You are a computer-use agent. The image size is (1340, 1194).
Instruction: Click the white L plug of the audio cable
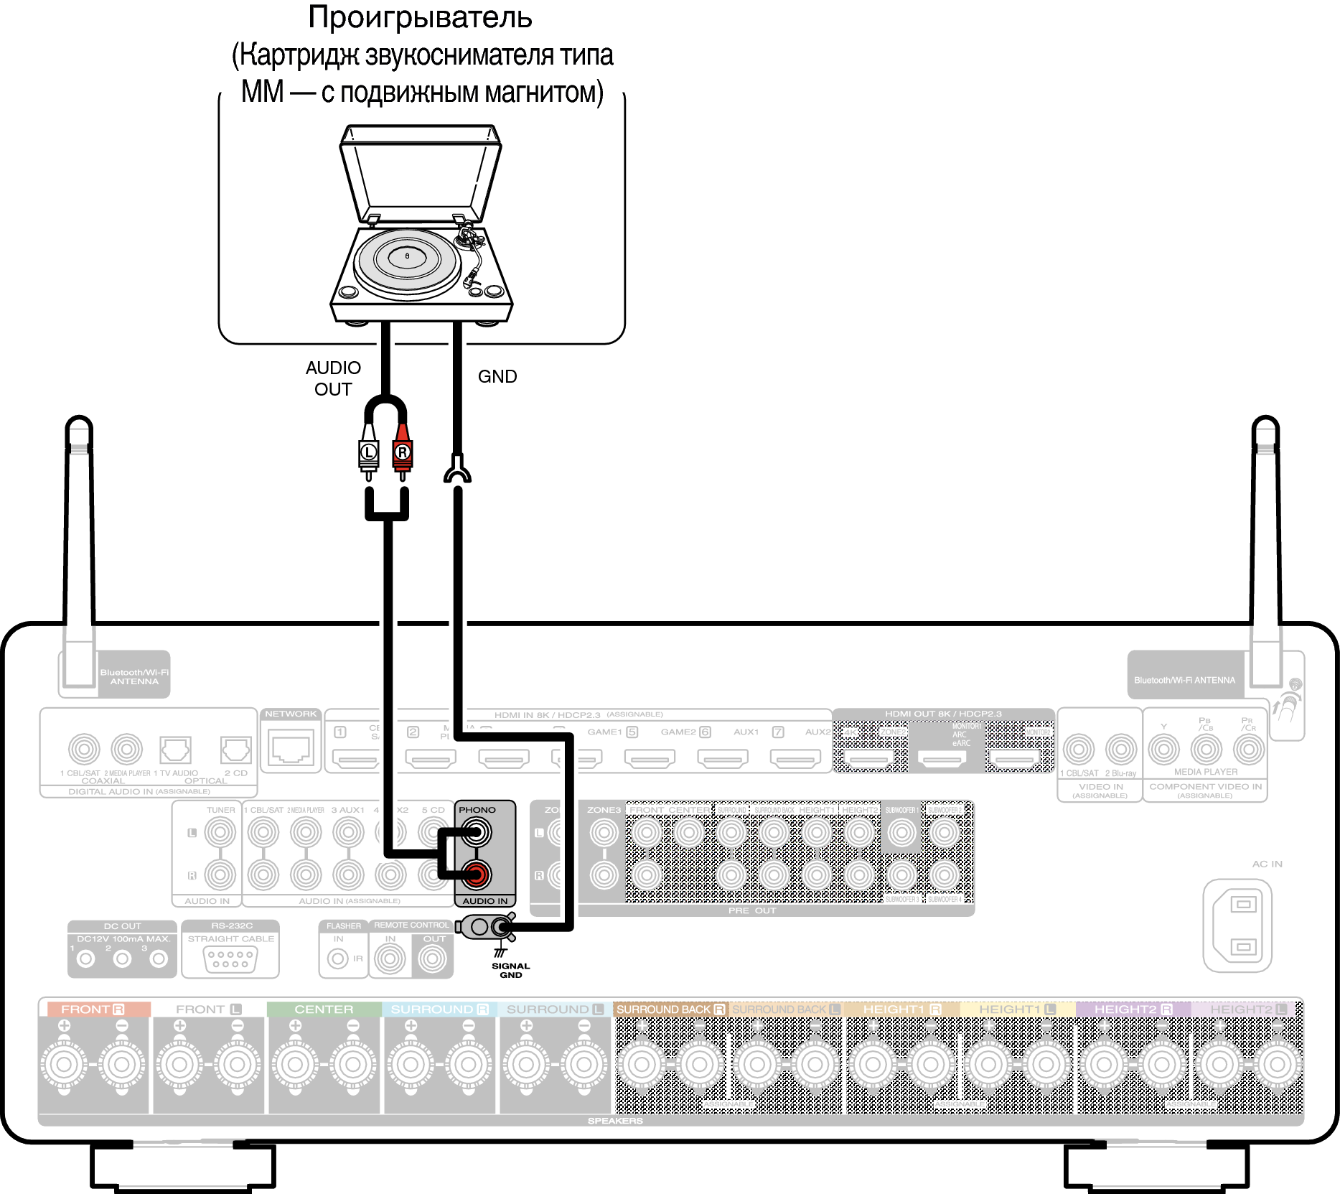pyautogui.click(x=368, y=452)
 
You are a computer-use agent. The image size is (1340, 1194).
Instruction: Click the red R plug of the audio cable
pyautogui.click(x=402, y=452)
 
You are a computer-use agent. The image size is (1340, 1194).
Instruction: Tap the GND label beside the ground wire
pyautogui.click(x=497, y=376)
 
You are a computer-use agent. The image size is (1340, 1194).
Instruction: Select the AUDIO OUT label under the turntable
pyautogui.click(x=333, y=378)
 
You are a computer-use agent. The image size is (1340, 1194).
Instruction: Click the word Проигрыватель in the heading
pyautogui.click(x=420, y=17)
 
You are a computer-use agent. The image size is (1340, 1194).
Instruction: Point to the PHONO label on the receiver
pyautogui.click(x=477, y=810)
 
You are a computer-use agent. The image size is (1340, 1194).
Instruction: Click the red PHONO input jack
pyautogui.click(x=475, y=874)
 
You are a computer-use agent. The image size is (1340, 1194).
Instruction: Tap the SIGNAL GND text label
pyautogui.click(x=510, y=970)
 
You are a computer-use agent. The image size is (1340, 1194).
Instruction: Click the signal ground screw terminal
pyautogui.click(x=502, y=927)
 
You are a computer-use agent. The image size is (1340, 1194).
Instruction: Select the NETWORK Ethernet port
pyautogui.click(x=291, y=747)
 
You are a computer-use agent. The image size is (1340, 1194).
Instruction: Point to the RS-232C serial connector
pyautogui.click(x=230, y=959)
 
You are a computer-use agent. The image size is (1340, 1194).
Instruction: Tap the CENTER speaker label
pyautogui.click(x=324, y=1009)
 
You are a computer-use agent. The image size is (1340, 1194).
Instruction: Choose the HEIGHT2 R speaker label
pyautogui.click(x=1133, y=1009)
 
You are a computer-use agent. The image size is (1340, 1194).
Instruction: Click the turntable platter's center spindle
pyautogui.click(x=407, y=256)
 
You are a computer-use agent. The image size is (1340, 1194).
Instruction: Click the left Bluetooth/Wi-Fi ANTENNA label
pyautogui.click(x=134, y=676)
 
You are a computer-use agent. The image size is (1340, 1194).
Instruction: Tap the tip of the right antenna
pyautogui.click(x=1265, y=424)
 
